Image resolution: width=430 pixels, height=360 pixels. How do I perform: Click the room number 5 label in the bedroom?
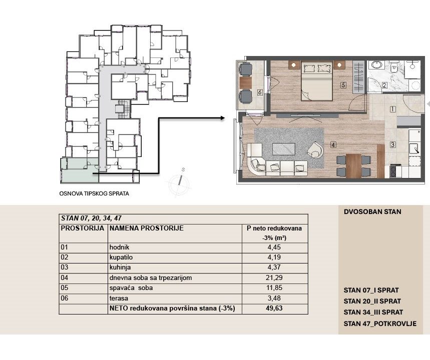click(x=343, y=85)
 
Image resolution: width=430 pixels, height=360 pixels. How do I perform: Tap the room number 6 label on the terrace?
click(x=260, y=92)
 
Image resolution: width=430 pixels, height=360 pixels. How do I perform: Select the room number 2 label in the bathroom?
click(x=384, y=85)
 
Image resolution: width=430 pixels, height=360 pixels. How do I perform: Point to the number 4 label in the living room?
click(x=333, y=144)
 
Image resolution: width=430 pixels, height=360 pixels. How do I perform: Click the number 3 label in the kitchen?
click(x=392, y=144)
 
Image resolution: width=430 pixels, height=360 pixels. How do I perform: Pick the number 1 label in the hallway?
click(x=392, y=109)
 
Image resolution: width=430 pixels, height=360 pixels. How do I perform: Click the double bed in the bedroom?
click(x=317, y=81)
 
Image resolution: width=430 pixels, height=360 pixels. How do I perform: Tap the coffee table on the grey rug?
click(x=284, y=149)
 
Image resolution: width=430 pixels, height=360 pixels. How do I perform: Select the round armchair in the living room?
click(x=315, y=150)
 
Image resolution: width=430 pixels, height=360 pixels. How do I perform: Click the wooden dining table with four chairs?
click(x=354, y=165)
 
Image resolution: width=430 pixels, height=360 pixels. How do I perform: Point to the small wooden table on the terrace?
click(x=245, y=82)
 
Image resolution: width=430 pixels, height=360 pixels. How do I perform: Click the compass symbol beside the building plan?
click(x=179, y=182)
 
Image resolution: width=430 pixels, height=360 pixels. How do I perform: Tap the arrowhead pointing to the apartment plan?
click(x=222, y=118)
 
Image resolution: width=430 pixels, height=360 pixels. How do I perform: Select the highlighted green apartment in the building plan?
click(x=79, y=170)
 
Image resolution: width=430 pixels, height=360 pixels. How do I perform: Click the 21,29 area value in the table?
click(x=274, y=277)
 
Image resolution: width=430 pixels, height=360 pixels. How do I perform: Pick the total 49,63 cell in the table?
click(x=274, y=308)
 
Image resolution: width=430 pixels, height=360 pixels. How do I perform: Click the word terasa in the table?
click(x=119, y=298)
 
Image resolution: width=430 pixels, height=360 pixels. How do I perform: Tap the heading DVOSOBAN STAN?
click(x=372, y=212)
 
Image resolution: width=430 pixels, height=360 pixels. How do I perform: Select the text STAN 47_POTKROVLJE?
click(x=380, y=324)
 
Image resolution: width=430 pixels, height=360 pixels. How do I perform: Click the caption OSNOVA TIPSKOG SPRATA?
click(x=94, y=193)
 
